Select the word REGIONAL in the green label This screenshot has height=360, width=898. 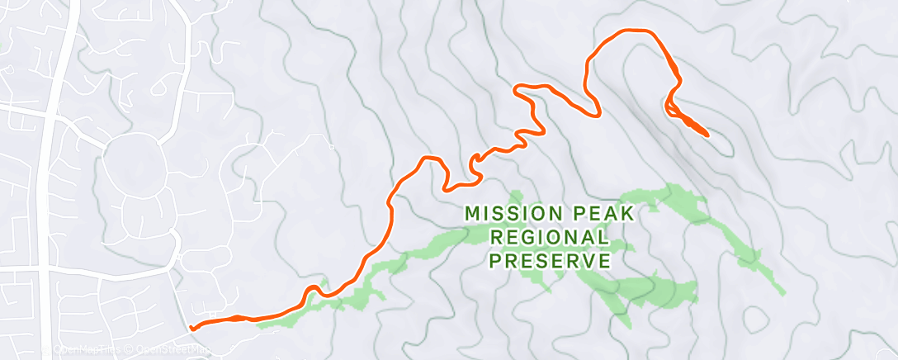[551, 238]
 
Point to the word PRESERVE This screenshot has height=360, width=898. [551, 262]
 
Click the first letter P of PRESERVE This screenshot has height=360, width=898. [496, 262]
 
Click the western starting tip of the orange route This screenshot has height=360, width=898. [191, 328]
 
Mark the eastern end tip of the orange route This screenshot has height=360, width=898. [707, 134]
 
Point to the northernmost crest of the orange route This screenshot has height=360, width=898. [631, 31]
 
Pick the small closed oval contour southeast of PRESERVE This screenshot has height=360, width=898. [755, 318]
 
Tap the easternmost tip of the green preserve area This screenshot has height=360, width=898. [783, 291]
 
